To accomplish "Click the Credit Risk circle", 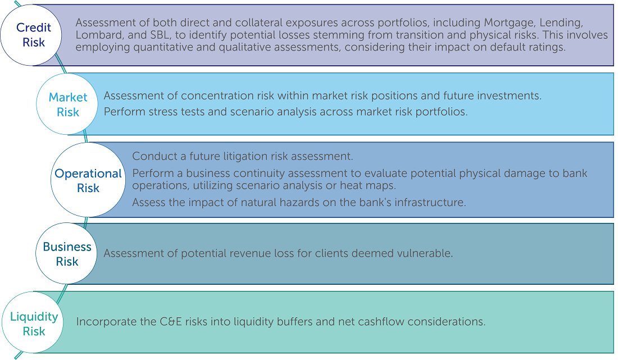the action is [31, 35].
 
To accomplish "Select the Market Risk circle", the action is [67, 104].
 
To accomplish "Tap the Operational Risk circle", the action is [88, 180].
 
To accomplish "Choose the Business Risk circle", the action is [67, 253].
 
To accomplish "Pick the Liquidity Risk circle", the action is [33, 322].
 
